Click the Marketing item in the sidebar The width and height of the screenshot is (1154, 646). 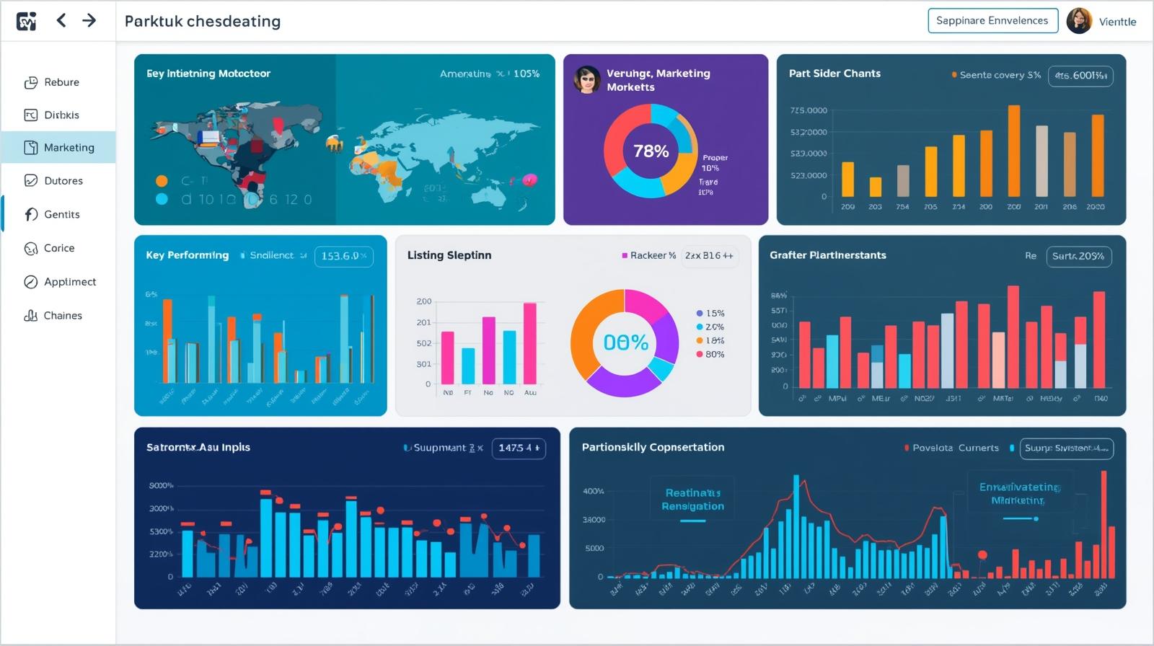tap(69, 147)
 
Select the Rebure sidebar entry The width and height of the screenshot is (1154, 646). tap(61, 82)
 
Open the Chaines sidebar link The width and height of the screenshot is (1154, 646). tap(62, 316)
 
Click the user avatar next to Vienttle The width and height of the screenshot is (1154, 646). tap(1079, 21)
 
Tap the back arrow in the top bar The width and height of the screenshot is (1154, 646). tap(61, 20)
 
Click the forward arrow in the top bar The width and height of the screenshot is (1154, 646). tap(89, 20)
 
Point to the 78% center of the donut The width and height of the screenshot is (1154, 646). tap(651, 151)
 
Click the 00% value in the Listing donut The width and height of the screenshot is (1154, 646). tap(625, 342)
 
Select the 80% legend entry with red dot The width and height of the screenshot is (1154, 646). tap(710, 354)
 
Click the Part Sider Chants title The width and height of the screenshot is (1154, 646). tap(834, 74)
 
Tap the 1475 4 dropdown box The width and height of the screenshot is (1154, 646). tap(519, 448)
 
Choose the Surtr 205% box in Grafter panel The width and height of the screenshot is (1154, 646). tap(1078, 256)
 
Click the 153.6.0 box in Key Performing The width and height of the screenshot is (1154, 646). tap(343, 256)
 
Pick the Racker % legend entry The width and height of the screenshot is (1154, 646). tap(649, 255)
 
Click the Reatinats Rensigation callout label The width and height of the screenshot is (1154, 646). tap(692, 499)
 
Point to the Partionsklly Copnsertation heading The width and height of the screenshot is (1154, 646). tap(653, 447)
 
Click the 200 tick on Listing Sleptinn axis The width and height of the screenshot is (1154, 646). tap(424, 301)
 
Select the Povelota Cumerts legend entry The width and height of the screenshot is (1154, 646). tap(952, 448)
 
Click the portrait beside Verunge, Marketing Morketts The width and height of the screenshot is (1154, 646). tap(587, 79)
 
